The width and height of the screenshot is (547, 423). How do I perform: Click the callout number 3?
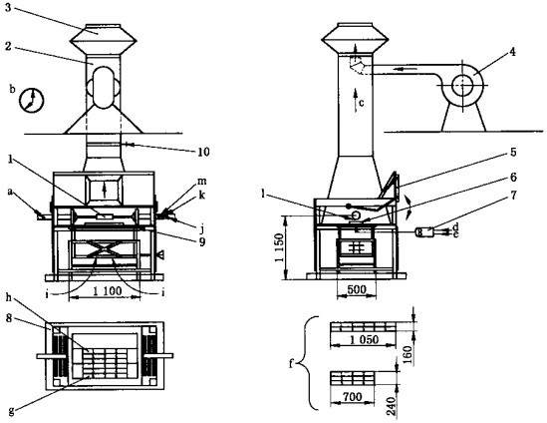coord(8,8)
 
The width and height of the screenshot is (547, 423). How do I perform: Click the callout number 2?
coord(8,46)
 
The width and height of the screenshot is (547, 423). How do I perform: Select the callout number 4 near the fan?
coord(512,52)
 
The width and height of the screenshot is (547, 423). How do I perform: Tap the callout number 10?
coord(203,152)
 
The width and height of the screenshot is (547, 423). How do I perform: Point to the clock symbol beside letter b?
coord(32,100)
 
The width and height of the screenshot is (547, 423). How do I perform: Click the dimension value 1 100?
coord(108,290)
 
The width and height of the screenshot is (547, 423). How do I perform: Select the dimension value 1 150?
coord(279,247)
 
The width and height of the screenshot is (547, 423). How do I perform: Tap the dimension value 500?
coord(357,289)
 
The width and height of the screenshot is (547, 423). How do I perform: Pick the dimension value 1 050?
coord(364,339)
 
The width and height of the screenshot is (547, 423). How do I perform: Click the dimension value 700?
coord(353,397)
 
